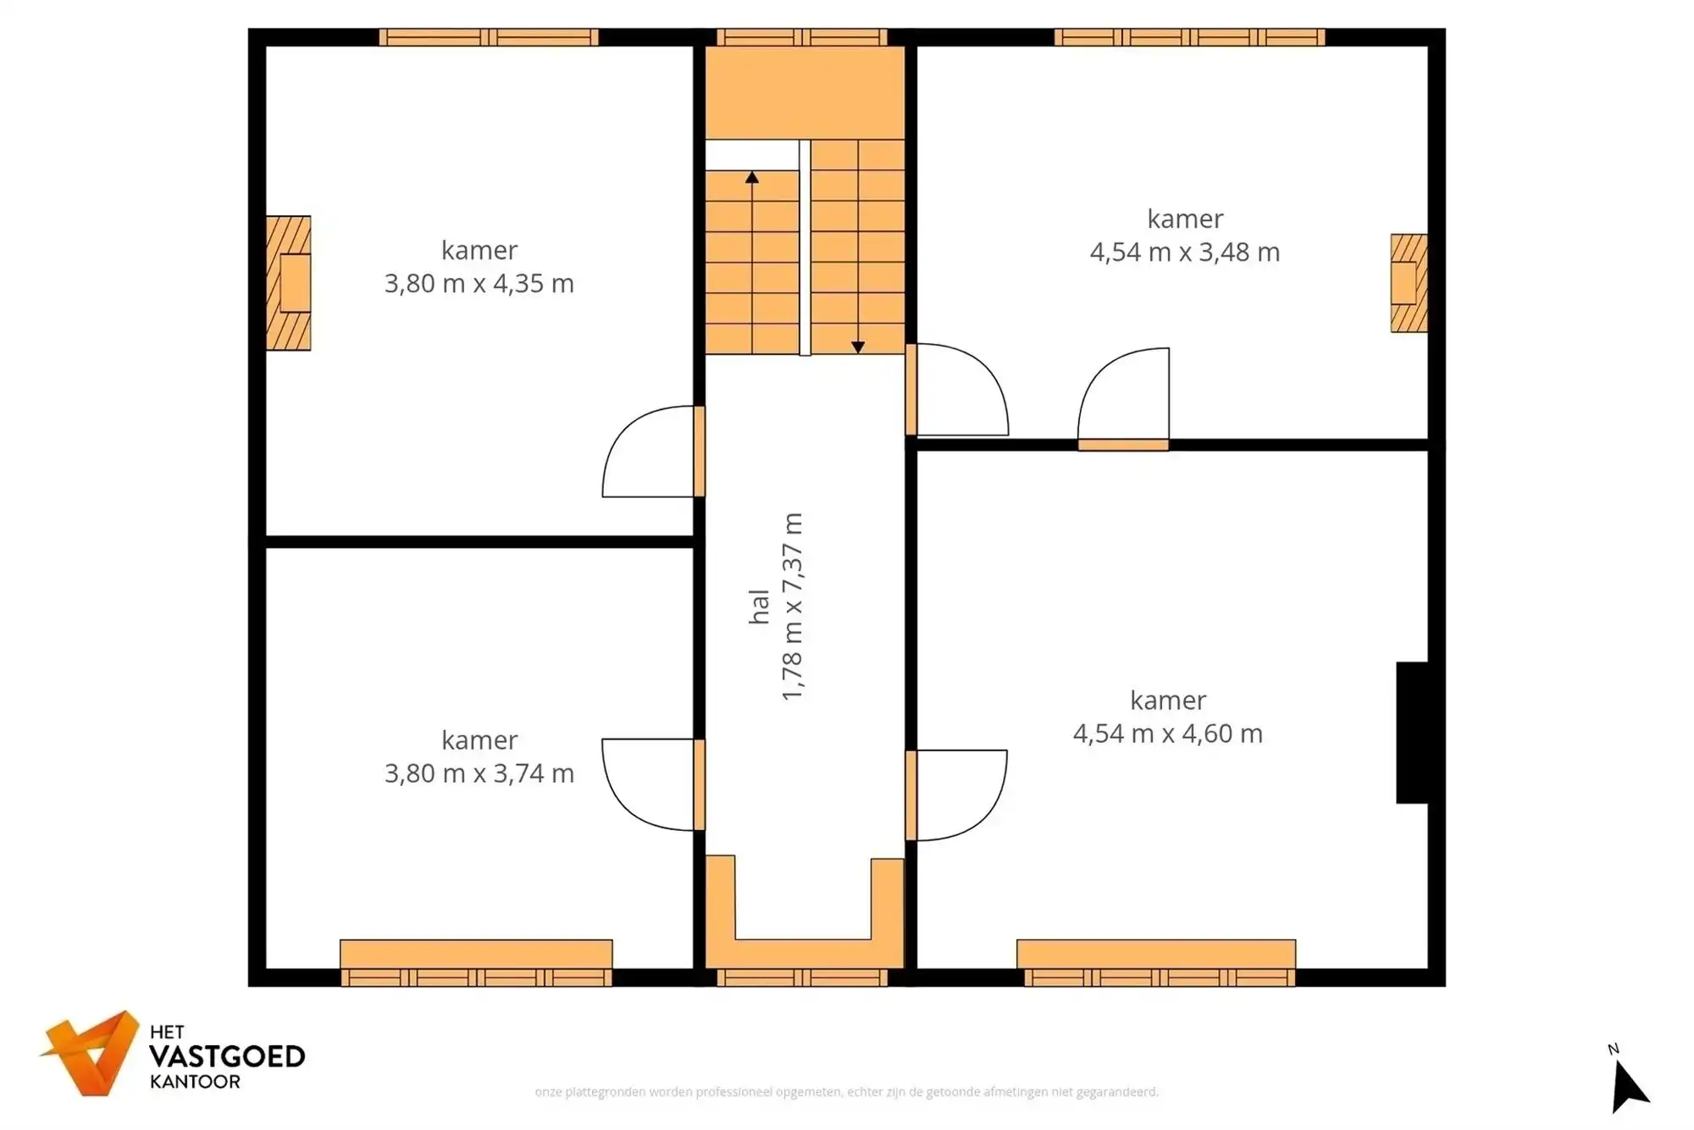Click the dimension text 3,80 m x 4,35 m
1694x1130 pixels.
coord(479,283)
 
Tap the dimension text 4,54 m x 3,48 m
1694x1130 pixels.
coord(1185,252)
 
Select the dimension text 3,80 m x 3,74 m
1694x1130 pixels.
coord(479,773)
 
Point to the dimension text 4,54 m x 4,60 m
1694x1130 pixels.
coord(1168,734)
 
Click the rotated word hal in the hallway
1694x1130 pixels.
coord(759,607)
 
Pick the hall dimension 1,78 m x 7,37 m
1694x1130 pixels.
coord(791,607)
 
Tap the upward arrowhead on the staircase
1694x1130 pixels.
coord(752,177)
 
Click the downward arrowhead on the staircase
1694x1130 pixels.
coord(858,347)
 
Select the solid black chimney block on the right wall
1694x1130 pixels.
coord(1412,733)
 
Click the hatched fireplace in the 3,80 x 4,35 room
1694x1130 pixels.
coord(289,283)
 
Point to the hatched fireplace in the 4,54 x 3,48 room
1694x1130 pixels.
coord(1409,283)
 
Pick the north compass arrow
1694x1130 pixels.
coord(1628,1088)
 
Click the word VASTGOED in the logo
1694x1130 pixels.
coord(227,1056)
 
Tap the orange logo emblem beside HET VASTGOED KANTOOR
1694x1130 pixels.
coord(91,1053)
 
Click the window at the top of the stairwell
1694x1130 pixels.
coord(802,37)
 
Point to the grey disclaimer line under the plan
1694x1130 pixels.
coord(846,1093)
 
